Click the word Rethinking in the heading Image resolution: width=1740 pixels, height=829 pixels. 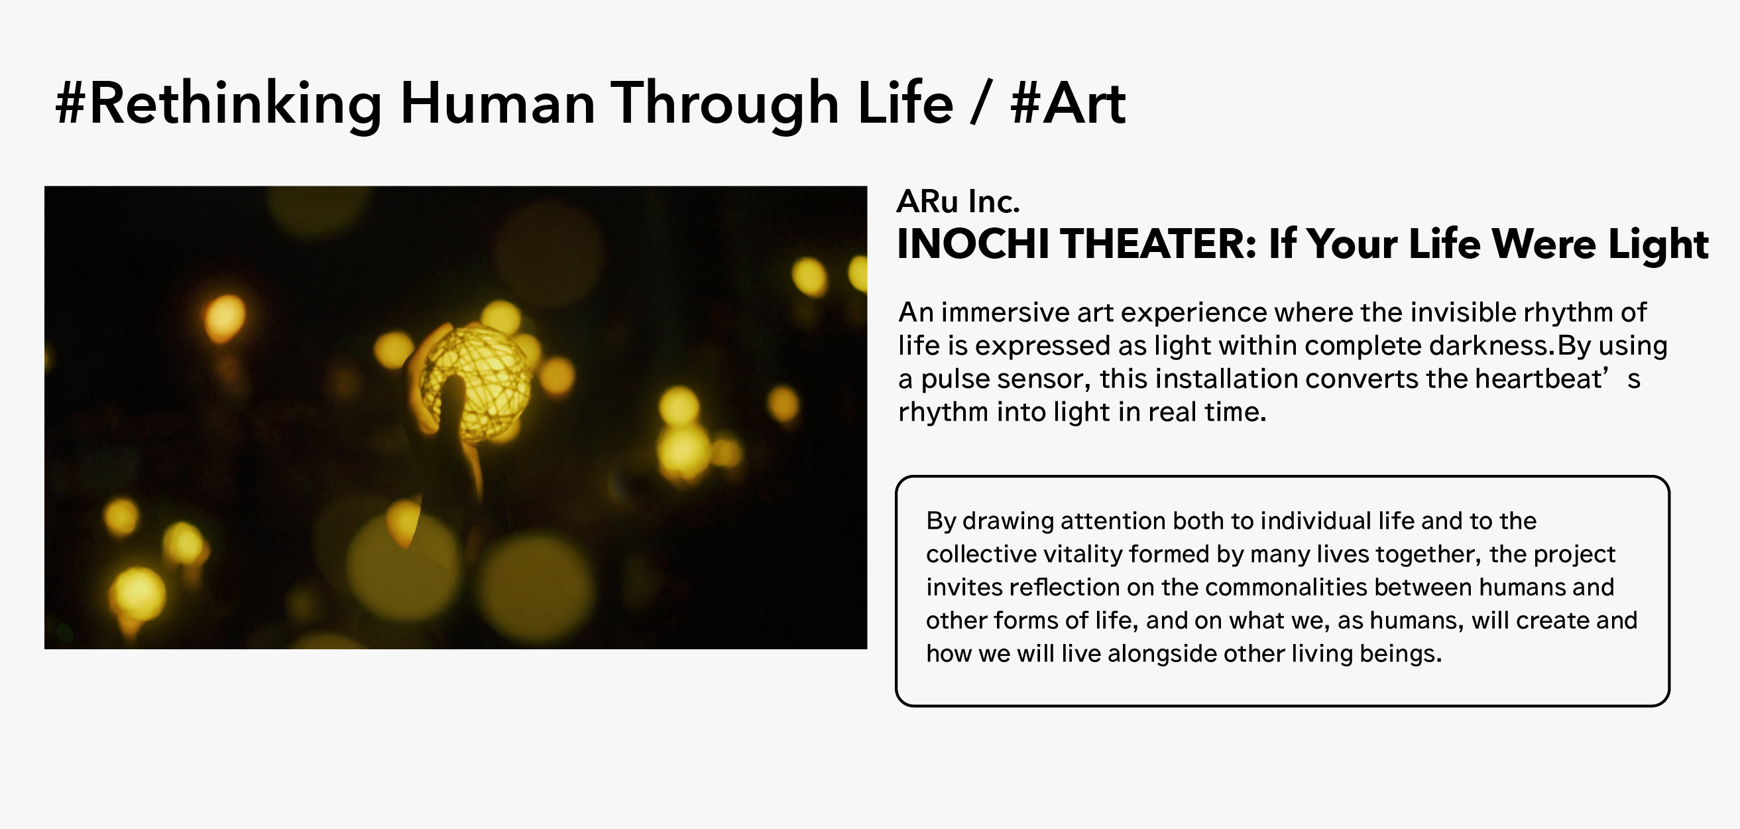coord(235,104)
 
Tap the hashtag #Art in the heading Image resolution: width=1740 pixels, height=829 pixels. coord(1068,104)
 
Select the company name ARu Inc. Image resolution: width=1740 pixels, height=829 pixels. coord(958,202)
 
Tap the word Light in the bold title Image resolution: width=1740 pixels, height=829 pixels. coord(1658,244)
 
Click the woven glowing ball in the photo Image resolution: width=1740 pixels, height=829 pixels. coord(476,382)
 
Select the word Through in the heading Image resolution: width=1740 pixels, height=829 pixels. coord(725,104)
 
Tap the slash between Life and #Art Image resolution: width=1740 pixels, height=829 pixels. coord(982,104)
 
